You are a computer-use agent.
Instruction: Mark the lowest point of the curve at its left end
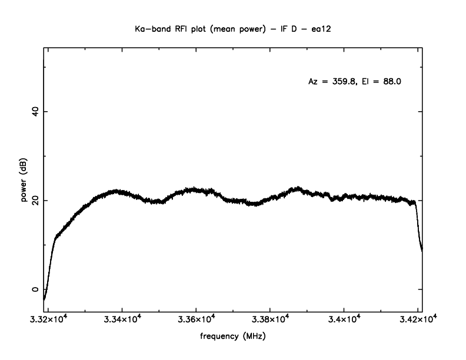click(x=44, y=298)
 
